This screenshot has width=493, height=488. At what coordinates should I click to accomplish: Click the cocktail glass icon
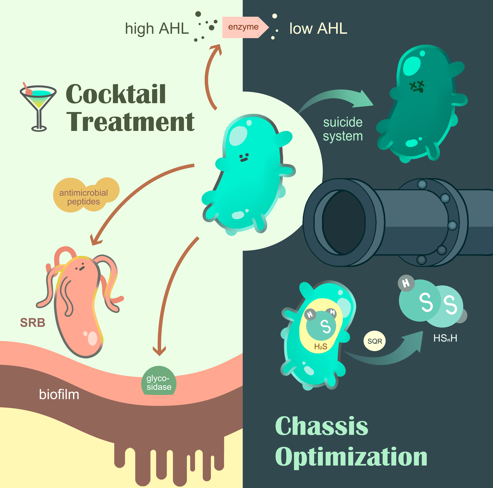(38, 107)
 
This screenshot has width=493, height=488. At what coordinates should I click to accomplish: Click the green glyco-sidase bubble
(159, 383)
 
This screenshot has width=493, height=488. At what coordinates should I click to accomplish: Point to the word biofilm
(59, 395)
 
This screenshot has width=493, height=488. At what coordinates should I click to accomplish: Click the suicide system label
(343, 129)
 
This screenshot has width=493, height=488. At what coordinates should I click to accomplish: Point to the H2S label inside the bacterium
(320, 346)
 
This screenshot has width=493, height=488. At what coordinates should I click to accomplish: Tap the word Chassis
(322, 427)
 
